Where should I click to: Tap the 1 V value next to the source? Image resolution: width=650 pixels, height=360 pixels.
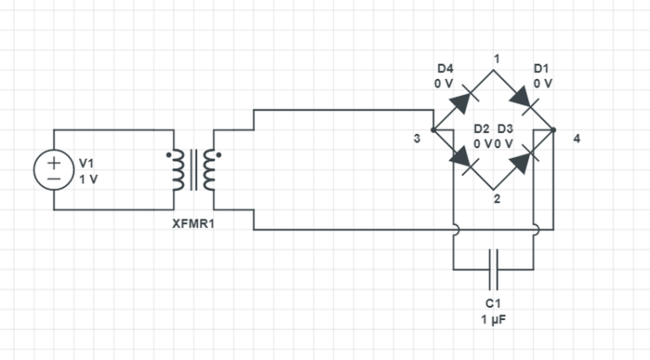click(x=88, y=179)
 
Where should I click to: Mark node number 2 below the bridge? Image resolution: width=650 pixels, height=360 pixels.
click(x=495, y=198)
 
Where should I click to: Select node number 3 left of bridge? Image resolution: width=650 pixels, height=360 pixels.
click(x=417, y=139)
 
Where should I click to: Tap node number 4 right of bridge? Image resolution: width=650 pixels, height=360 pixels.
click(x=576, y=139)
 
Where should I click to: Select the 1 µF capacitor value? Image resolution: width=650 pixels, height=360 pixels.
click(x=494, y=319)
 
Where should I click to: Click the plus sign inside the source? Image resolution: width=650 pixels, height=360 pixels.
click(x=54, y=162)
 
